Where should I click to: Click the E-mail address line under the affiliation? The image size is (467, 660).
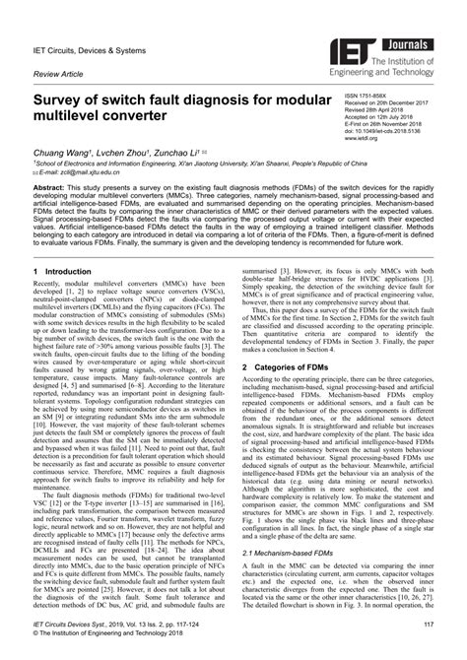pos(82,172)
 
